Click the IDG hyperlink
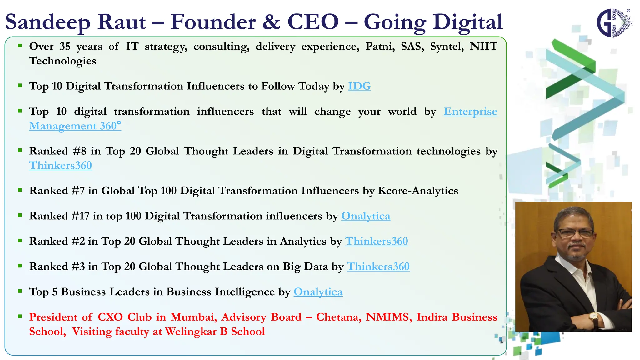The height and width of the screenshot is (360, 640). pyautogui.click(x=359, y=86)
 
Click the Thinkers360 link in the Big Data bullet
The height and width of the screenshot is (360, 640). pyautogui.click(x=378, y=267)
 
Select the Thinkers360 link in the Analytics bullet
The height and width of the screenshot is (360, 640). pyautogui.click(x=376, y=241)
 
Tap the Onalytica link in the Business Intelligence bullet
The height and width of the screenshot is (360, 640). pyautogui.click(x=318, y=292)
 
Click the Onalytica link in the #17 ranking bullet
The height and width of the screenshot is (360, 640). pyautogui.click(x=366, y=216)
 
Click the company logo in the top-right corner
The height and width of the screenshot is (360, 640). pyautogui.click(x=614, y=23)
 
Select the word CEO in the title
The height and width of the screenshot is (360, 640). pyautogui.click(x=313, y=22)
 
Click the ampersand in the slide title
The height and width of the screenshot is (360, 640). pyautogui.click(x=271, y=22)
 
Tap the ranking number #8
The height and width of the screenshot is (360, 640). pyautogui.click(x=80, y=151)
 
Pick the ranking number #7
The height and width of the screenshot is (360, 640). pyautogui.click(x=78, y=191)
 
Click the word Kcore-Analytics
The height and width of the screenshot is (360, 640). pyautogui.click(x=418, y=191)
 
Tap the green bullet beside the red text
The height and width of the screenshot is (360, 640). pyautogui.click(x=20, y=317)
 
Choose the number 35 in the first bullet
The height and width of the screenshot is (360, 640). pyautogui.click(x=65, y=47)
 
